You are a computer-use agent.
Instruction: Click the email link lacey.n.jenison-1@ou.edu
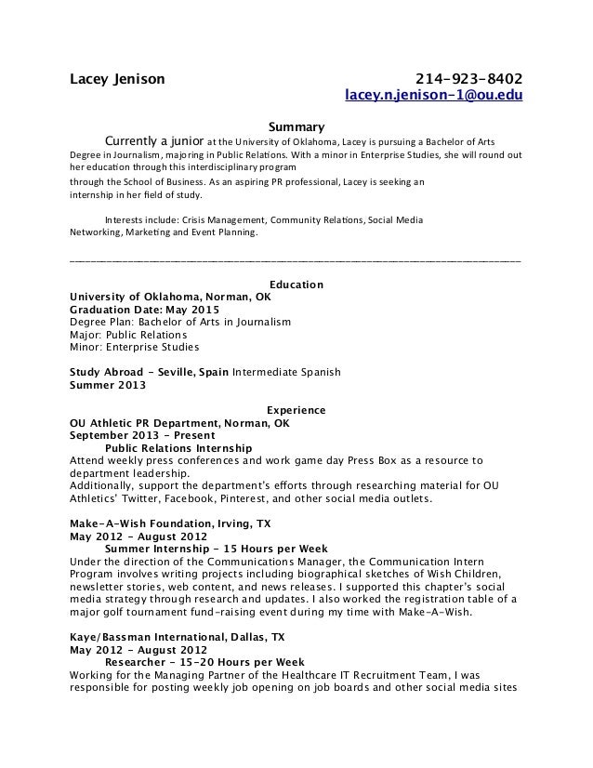(434, 95)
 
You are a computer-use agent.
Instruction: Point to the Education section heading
(296, 284)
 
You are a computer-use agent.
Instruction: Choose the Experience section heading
(296, 409)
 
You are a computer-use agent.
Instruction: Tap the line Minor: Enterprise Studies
(135, 348)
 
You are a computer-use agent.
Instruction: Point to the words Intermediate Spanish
(286, 372)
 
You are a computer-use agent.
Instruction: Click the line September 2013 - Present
(142, 435)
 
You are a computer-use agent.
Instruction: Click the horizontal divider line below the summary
(296, 262)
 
